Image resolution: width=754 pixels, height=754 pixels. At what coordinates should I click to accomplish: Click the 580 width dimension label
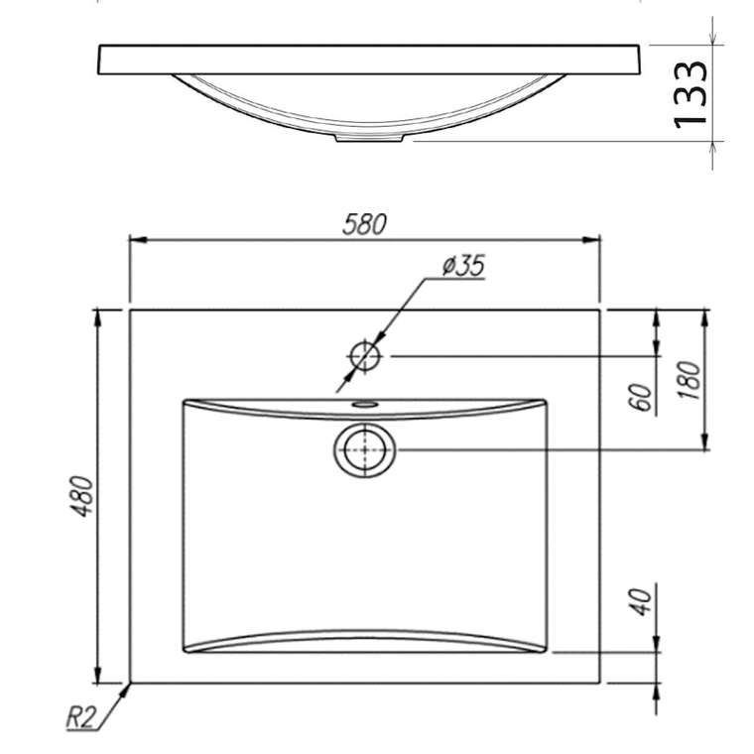[364, 224]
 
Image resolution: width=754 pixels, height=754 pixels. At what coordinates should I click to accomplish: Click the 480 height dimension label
[81, 496]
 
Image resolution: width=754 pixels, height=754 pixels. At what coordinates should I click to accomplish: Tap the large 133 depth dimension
[691, 94]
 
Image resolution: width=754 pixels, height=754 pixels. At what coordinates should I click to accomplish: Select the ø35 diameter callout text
[463, 265]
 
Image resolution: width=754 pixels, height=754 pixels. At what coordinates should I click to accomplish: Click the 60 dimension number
[641, 397]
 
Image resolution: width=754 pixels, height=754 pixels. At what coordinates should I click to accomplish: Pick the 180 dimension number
[689, 380]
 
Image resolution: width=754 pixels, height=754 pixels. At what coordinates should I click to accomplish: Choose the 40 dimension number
[641, 601]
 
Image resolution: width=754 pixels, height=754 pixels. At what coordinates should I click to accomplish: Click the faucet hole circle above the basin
[365, 356]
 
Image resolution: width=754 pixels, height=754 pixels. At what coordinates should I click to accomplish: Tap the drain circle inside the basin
[365, 449]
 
